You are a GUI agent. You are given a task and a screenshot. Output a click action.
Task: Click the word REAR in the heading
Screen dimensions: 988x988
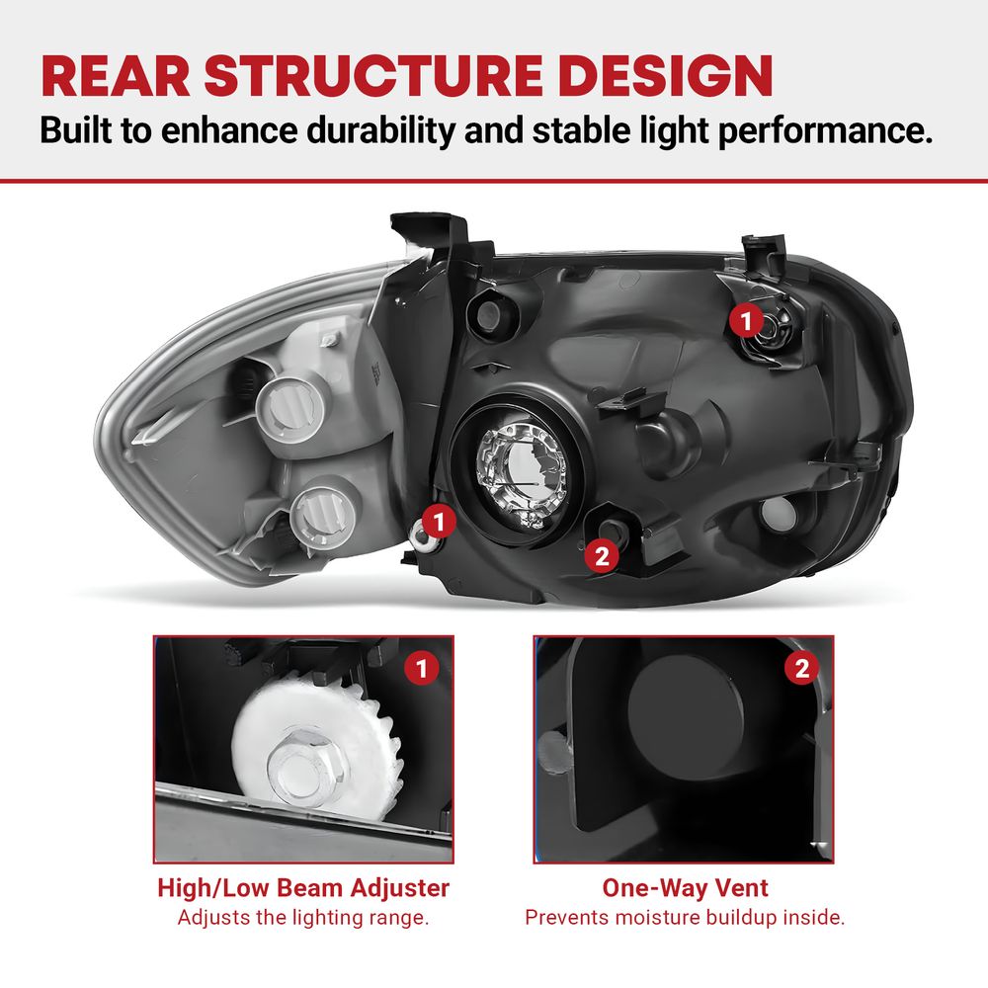(x=116, y=76)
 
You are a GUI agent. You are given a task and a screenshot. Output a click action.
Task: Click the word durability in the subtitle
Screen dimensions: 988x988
(x=380, y=131)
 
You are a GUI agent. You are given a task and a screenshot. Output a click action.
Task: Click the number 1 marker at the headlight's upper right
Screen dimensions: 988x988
(x=746, y=320)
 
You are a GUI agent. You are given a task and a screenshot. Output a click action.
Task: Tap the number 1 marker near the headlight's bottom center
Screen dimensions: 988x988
(x=439, y=521)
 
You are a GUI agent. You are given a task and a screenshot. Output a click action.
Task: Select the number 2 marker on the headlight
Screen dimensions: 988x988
(x=602, y=555)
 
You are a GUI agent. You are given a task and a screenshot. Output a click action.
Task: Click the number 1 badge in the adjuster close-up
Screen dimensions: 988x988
(x=422, y=668)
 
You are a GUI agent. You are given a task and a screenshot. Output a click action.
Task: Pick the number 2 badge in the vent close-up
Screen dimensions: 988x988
(x=801, y=668)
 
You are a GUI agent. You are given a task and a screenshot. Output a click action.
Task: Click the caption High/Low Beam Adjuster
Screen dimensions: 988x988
(x=303, y=888)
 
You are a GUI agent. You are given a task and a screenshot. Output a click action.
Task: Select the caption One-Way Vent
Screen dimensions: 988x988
(x=685, y=888)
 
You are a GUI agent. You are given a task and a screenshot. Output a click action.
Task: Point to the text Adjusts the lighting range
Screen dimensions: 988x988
(x=303, y=918)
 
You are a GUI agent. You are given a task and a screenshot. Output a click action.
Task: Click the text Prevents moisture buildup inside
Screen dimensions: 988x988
(x=685, y=918)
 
